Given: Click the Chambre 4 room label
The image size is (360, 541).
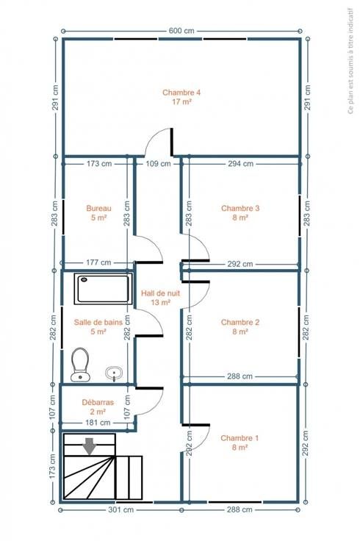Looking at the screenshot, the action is (181, 97).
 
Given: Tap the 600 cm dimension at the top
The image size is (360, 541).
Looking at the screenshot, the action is (181, 31).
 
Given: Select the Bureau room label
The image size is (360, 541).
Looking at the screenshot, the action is (98, 212).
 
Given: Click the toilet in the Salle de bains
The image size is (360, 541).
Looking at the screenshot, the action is (80, 365).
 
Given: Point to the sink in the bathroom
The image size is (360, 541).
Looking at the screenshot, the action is (114, 373).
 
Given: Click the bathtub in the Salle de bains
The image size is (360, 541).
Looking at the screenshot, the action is (104, 289).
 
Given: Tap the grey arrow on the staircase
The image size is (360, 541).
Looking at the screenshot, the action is (90, 446).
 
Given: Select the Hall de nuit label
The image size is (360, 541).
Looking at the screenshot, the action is (160, 298).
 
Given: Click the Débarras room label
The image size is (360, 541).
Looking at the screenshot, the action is (98, 406).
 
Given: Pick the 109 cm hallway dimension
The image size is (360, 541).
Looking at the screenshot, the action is (158, 163).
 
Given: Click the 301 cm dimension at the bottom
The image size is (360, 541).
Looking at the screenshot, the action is (120, 509).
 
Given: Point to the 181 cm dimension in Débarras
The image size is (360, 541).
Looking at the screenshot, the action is (98, 423).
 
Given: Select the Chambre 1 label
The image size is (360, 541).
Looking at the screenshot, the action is (240, 443).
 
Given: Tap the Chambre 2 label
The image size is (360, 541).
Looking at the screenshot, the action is (240, 327).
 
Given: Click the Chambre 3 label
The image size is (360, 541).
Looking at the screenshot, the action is (240, 212).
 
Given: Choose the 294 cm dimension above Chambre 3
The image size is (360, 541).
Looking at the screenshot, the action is (240, 163).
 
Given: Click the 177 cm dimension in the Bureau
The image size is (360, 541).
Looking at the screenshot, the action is (98, 262).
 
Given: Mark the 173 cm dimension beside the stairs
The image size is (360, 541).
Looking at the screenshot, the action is (52, 466).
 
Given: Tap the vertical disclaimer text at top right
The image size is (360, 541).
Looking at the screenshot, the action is (350, 61).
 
